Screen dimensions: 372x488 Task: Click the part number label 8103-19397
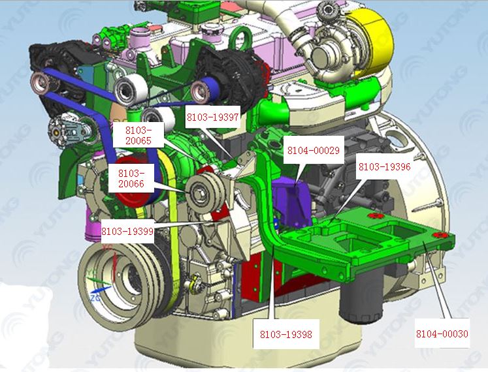click(213, 117)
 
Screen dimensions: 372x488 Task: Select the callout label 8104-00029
click(313, 151)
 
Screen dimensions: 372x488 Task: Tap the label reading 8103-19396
click(384, 167)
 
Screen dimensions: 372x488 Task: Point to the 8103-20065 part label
click(135, 135)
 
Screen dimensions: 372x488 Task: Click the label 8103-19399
click(127, 231)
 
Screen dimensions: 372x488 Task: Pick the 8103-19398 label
click(285, 335)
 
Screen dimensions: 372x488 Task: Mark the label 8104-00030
click(442, 334)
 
